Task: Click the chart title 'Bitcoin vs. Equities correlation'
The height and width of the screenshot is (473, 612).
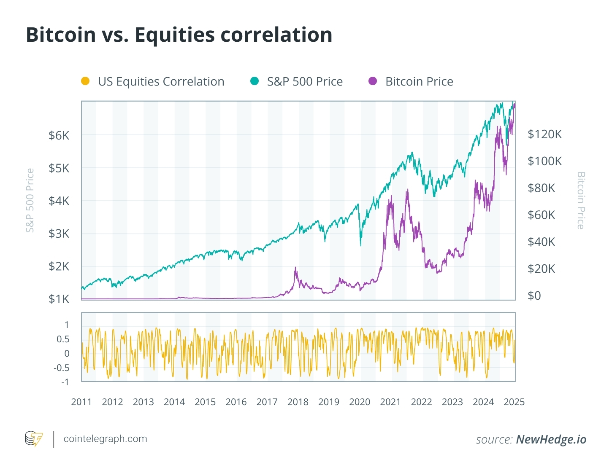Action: coord(179,35)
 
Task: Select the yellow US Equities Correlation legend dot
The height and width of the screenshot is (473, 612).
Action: coord(85,81)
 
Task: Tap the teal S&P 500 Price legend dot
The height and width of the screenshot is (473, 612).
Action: coord(255,81)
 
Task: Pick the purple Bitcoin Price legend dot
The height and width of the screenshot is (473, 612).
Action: coord(373,81)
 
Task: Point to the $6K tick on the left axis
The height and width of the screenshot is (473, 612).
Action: coord(59,135)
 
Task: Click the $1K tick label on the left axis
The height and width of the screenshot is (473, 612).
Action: coord(59,299)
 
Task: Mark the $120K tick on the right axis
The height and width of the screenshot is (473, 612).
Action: coord(544,134)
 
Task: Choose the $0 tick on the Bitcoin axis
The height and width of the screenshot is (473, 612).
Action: coord(534,296)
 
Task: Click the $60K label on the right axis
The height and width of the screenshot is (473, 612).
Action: coord(541,215)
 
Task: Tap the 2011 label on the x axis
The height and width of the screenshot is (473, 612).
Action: coord(81,402)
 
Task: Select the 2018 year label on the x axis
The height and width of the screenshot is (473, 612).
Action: coord(298,402)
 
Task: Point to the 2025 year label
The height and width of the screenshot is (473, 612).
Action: coord(514,402)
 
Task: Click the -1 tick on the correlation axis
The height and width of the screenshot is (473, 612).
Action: coord(65,382)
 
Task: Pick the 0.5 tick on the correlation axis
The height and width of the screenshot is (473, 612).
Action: coord(63,339)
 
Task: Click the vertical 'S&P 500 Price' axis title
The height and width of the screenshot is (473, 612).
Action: coord(30,200)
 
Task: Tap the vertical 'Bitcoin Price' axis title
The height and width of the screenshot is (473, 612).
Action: coord(581,200)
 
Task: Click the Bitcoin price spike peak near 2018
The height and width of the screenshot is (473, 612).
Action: coord(295,267)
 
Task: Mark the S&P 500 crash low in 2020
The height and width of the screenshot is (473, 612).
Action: coord(361,246)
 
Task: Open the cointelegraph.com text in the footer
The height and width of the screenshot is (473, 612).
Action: coord(105,439)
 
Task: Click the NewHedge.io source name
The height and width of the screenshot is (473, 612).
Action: coord(551,440)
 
